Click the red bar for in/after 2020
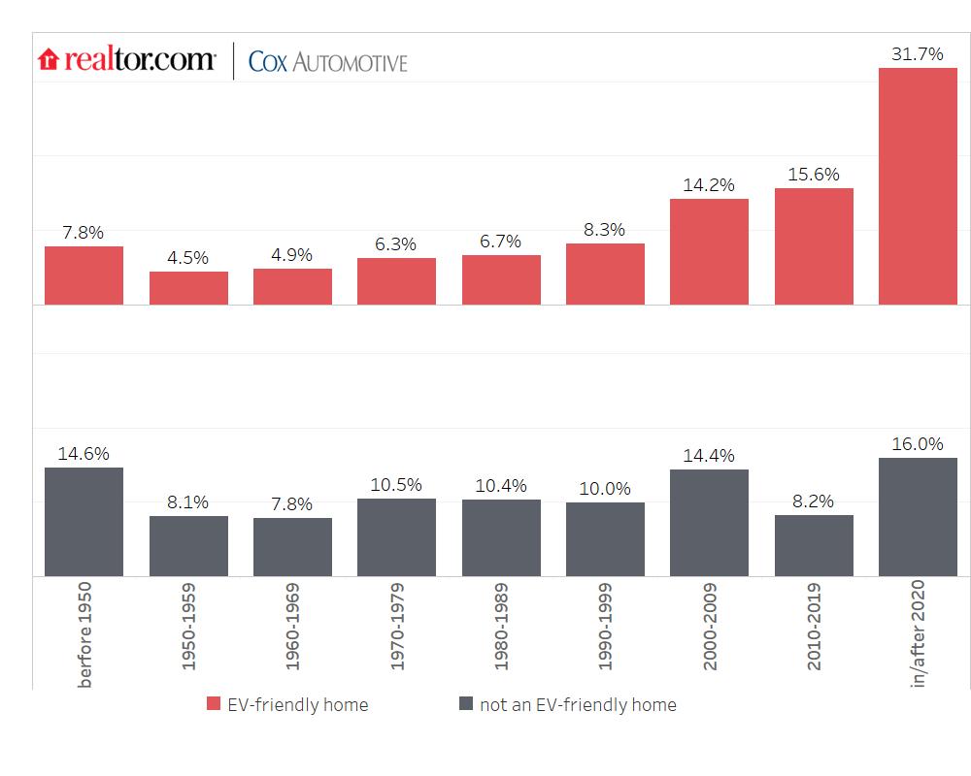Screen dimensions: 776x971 pyautogui.click(x=918, y=185)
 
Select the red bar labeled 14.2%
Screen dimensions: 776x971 pyautogui.click(x=709, y=251)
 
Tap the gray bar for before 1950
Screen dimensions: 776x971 pyautogui.click(x=84, y=522)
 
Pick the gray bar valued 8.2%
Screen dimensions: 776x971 pyautogui.click(x=814, y=545)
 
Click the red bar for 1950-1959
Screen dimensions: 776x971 pyautogui.click(x=188, y=288)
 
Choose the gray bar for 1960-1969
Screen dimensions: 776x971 pyautogui.click(x=292, y=547)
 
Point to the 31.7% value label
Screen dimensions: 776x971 pyautogui.click(x=918, y=54)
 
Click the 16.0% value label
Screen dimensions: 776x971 pyautogui.click(x=918, y=444)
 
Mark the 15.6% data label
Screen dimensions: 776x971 pyautogui.click(x=814, y=174)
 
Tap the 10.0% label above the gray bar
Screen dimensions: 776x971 pyautogui.click(x=605, y=489)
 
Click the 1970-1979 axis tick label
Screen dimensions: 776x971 pyautogui.click(x=397, y=627)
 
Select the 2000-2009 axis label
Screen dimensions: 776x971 pyautogui.click(x=710, y=627)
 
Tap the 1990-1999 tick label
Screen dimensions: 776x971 pyautogui.click(x=606, y=627)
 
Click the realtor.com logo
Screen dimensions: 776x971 pyautogui.click(x=127, y=60)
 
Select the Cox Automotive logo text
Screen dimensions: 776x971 pyautogui.click(x=328, y=62)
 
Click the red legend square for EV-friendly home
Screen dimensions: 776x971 pyautogui.click(x=214, y=704)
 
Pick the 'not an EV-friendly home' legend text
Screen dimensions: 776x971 pyautogui.click(x=578, y=705)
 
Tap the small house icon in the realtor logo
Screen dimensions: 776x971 pyautogui.click(x=49, y=61)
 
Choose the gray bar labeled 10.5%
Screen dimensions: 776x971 pyautogui.click(x=396, y=537)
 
